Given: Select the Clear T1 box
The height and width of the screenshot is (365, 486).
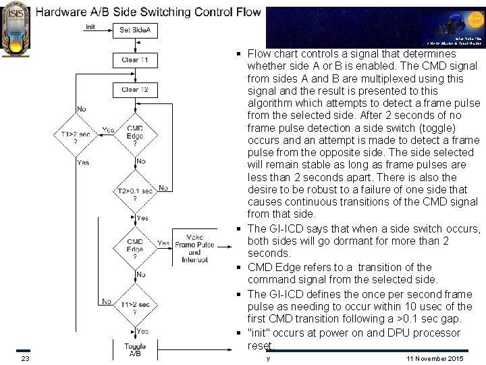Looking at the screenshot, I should [135, 59].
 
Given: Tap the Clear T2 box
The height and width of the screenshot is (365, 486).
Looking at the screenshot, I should [135, 89].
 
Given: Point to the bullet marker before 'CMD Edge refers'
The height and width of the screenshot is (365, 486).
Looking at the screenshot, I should [240, 268].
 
